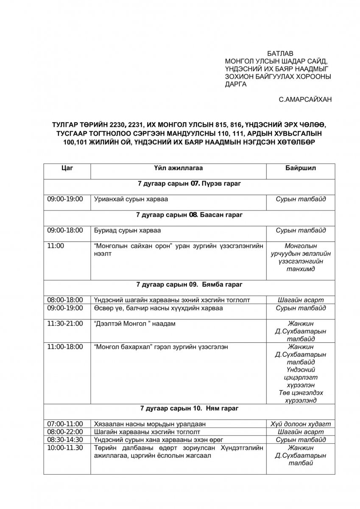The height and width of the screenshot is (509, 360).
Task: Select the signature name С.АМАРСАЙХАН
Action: pos(306,99)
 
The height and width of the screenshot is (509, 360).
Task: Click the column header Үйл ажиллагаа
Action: pos(178,168)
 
